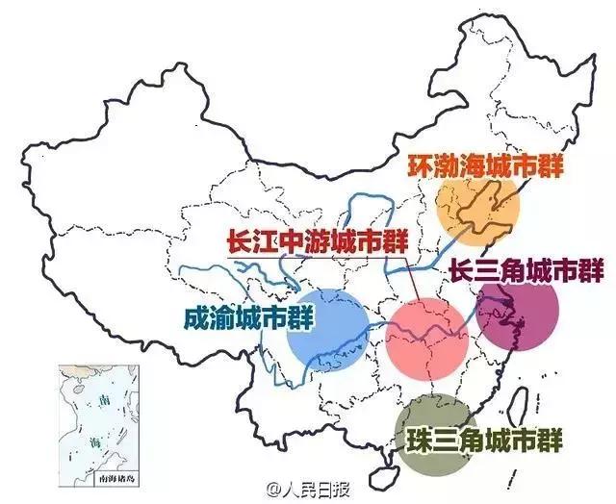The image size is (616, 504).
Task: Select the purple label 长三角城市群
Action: pyautogui.click(x=526, y=272)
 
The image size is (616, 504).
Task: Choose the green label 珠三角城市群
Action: pyautogui.click(x=483, y=437)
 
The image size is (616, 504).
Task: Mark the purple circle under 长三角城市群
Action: pyautogui.click(x=519, y=315)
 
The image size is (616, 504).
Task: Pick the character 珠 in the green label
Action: pyautogui.click(x=417, y=438)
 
